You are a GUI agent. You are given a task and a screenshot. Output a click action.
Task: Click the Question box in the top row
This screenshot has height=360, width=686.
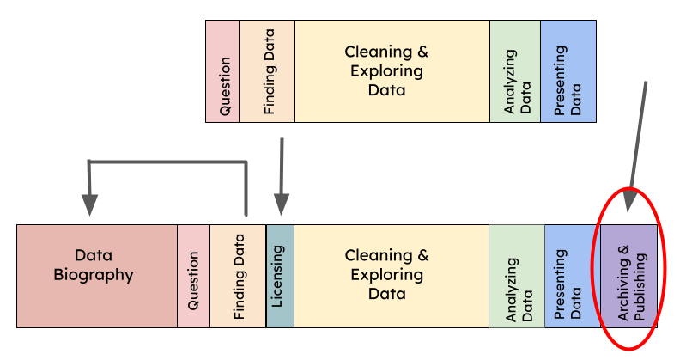pyautogui.click(x=222, y=70)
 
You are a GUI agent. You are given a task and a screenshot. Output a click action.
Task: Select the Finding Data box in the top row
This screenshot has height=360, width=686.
pyautogui.click(x=267, y=70)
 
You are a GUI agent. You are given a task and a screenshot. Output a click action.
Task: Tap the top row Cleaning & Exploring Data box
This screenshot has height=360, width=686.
pyautogui.click(x=392, y=70)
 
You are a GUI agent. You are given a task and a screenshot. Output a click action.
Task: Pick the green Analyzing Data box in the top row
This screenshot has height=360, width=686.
pyautogui.click(x=515, y=70)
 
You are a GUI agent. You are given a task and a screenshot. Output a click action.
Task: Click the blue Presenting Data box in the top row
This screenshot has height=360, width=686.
pyautogui.click(x=568, y=70)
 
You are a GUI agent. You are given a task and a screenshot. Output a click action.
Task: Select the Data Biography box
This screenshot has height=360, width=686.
pyautogui.click(x=96, y=276)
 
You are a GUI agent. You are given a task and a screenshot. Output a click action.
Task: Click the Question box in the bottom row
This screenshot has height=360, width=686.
pyautogui.click(x=193, y=276)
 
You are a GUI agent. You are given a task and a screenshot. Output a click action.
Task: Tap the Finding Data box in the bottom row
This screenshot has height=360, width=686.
pyautogui.click(x=238, y=276)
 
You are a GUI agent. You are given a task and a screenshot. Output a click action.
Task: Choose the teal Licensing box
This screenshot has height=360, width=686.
pyautogui.click(x=280, y=276)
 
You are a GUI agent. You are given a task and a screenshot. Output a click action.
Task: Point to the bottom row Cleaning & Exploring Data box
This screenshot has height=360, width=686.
pyautogui.click(x=392, y=276)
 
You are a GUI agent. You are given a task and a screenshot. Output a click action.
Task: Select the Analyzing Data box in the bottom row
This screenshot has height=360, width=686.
pyautogui.click(x=517, y=276)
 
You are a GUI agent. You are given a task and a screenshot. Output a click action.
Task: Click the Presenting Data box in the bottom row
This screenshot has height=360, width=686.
pyautogui.click(x=573, y=276)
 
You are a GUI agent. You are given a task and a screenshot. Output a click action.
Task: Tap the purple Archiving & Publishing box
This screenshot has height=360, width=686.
pyautogui.click(x=628, y=276)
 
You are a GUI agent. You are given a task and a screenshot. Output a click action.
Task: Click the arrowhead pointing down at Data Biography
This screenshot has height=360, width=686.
pyautogui.click(x=89, y=204)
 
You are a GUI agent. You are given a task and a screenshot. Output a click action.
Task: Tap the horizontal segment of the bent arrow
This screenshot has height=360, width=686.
pyautogui.click(x=167, y=162)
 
